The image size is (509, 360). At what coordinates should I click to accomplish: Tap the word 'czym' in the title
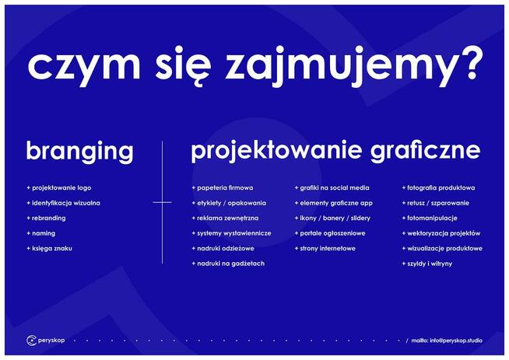[x=80, y=67]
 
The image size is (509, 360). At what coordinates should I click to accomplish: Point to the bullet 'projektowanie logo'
[x=61, y=187]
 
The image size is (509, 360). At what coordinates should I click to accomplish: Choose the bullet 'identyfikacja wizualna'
[x=65, y=203]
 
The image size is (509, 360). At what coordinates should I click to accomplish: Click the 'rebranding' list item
[x=48, y=218]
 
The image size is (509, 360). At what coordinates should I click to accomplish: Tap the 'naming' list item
[x=44, y=233]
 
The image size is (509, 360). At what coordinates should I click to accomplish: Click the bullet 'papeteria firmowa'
[x=225, y=187]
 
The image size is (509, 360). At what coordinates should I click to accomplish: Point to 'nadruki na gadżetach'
[x=230, y=264]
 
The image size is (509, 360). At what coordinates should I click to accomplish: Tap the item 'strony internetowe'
[x=327, y=249]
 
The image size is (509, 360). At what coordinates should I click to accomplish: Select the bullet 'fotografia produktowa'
[x=441, y=187]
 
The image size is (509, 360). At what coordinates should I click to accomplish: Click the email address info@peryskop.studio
[x=460, y=341]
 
